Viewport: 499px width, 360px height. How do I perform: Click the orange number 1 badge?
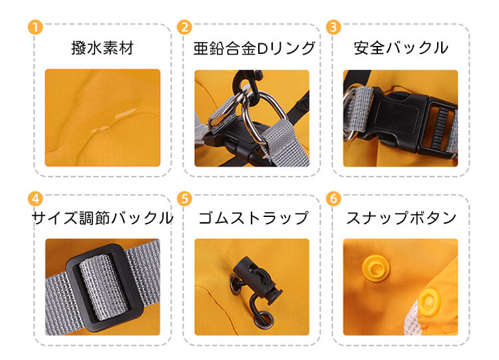click(35, 27)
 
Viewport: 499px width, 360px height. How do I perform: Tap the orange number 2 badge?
click(184, 27)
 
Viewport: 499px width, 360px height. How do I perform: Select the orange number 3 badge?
click(333, 27)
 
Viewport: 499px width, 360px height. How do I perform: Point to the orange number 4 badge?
click(35, 198)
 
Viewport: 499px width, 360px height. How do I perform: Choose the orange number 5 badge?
click(184, 198)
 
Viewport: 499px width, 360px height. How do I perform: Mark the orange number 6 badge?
click(333, 198)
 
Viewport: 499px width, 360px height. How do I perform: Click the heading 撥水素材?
click(102, 48)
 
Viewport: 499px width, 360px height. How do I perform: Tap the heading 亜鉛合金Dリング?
click(254, 48)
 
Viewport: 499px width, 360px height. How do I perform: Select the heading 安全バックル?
click(401, 48)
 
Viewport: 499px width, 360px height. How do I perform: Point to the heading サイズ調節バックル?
click(102, 218)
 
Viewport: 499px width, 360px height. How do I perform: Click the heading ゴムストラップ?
click(253, 218)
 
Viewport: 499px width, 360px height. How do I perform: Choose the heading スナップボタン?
click(401, 218)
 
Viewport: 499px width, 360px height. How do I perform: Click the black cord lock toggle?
click(256, 279)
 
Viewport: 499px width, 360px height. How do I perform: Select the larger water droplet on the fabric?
click(126, 113)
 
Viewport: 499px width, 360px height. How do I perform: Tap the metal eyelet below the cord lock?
click(263, 319)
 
